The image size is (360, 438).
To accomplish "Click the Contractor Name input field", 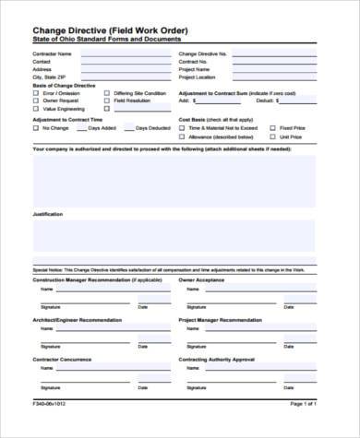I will [124, 54].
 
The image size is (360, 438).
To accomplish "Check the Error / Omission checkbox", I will [36, 93].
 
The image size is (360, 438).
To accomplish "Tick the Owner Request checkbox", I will [36, 101].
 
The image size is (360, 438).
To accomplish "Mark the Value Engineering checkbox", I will [36, 109].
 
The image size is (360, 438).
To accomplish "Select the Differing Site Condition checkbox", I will [107, 93].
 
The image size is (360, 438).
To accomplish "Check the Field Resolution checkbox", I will [107, 101].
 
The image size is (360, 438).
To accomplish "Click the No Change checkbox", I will [36, 128].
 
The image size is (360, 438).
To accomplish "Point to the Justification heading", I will [48, 214].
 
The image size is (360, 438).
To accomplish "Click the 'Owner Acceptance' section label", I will [202, 278].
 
